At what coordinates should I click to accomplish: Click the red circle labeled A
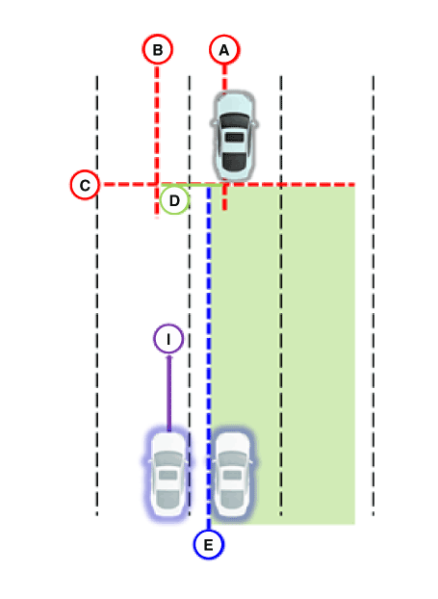point(224,50)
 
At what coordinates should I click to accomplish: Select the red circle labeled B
point(158,49)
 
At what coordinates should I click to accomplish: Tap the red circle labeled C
point(85,185)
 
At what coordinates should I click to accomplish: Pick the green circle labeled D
point(174,200)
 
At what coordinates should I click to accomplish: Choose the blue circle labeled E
point(209,544)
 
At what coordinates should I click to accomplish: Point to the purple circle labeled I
point(168,339)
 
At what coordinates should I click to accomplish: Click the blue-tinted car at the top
point(234,135)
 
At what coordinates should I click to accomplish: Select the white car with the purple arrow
point(168,474)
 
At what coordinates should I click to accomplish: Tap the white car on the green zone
point(233,474)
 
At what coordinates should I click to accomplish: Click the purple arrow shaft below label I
point(169,394)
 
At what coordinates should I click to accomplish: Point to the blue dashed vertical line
point(209,358)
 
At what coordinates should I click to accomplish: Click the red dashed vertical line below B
point(157,142)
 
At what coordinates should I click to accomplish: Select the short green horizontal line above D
point(191,185)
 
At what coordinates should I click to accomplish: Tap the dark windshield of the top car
point(234,120)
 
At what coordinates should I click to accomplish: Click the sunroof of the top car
point(234,138)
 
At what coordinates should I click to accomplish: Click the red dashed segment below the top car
point(225,197)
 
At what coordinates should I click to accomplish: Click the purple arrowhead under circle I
point(169,357)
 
